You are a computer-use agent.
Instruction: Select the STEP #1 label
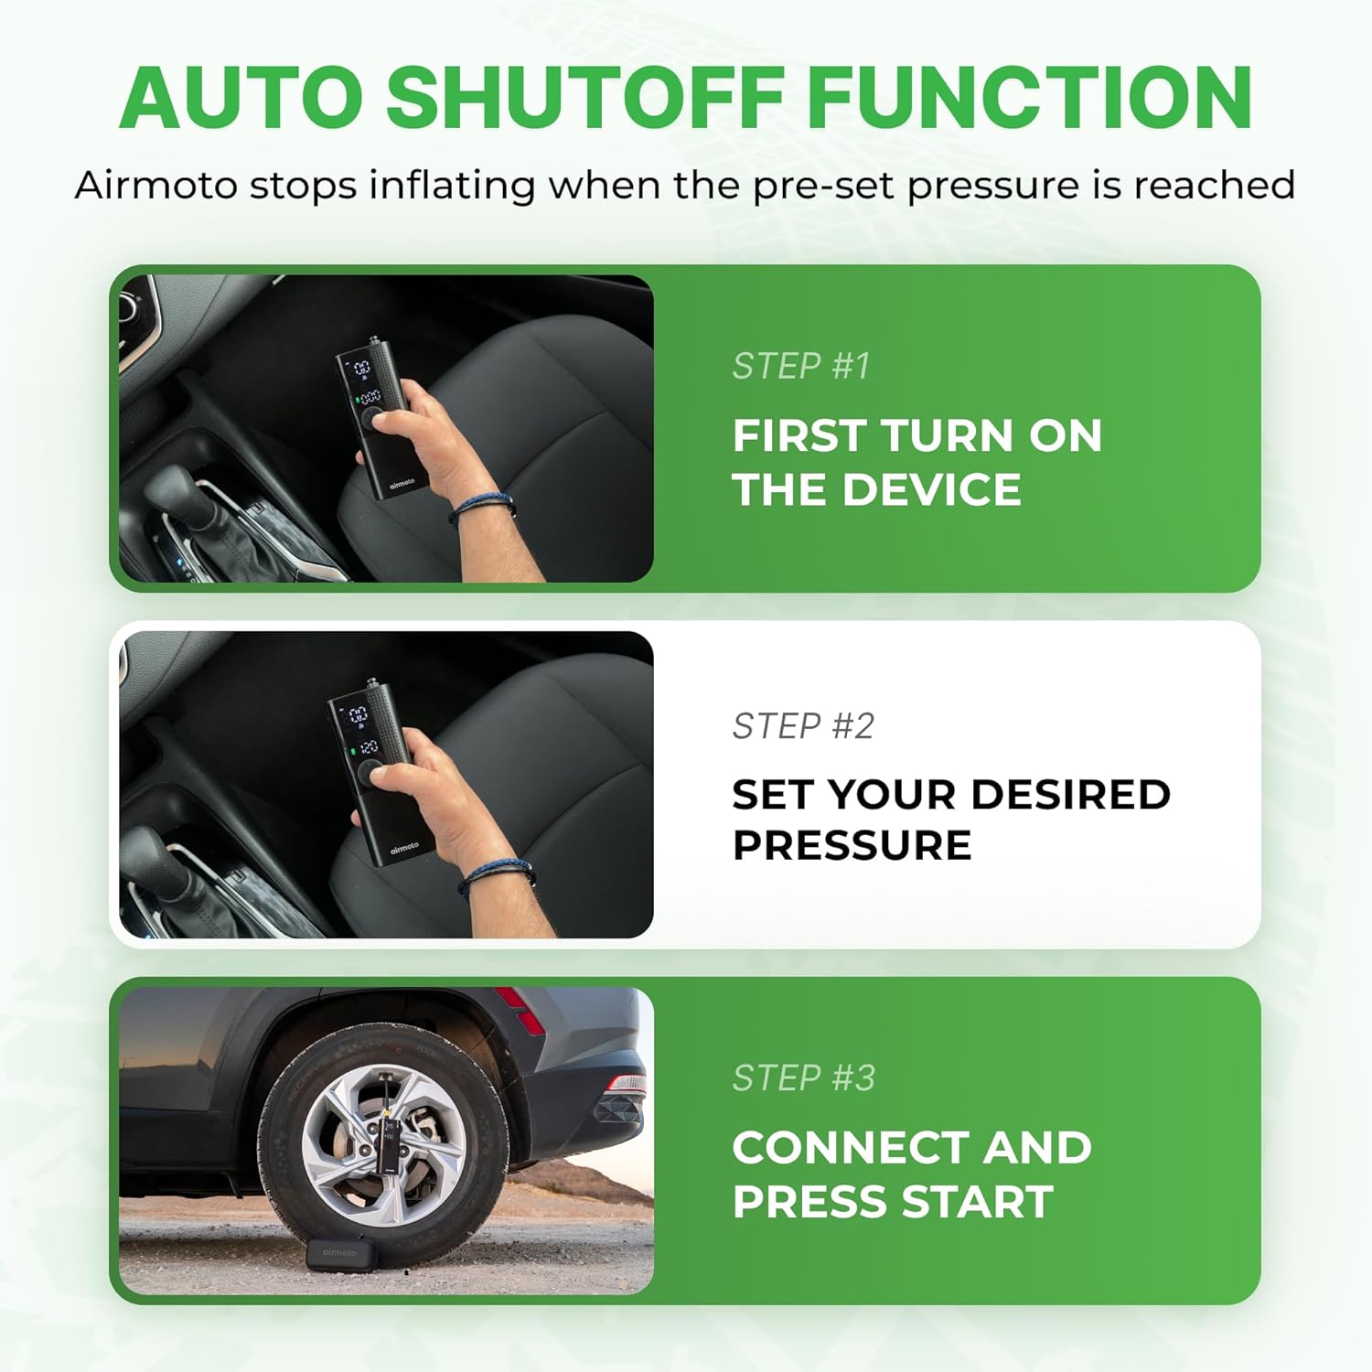pos(801,366)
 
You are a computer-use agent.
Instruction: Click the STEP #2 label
pos(803,726)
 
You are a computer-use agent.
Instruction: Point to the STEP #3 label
pos(804,1077)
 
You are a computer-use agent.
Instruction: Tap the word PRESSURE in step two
pos(852,845)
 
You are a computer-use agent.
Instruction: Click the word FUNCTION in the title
pos(1030,98)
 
